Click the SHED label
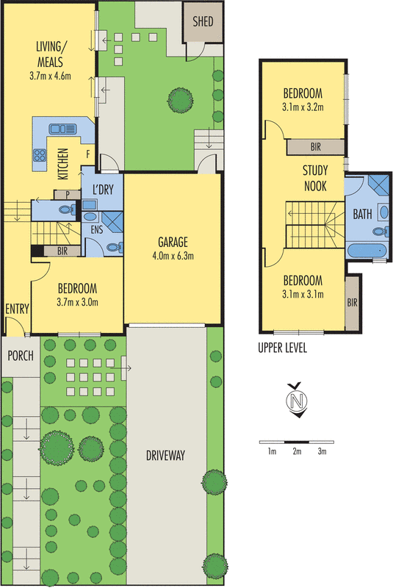coord(203,22)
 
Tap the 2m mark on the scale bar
coord(297,451)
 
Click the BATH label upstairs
coord(363,215)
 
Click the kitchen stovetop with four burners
coord(38,155)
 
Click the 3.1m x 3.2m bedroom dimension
coord(303,107)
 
